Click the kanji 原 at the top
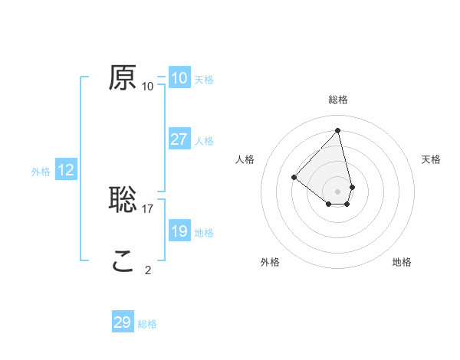pyautogui.click(x=123, y=77)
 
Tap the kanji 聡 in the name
pyautogui.click(x=123, y=199)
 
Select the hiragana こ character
pyautogui.click(x=123, y=261)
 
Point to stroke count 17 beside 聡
pyautogui.click(x=149, y=208)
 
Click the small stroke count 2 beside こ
pyautogui.click(x=148, y=270)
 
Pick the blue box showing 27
pyautogui.click(x=179, y=139)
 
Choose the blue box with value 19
pyautogui.click(x=179, y=231)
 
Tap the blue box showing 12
pyautogui.click(x=66, y=170)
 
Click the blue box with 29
pyautogui.click(x=123, y=322)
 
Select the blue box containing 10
pyautogui.click(x=179, y=78)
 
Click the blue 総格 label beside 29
pyautogui.click(x=147, y=324)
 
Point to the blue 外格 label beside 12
pyautogui.click(x=41, y=172)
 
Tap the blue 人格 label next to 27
pyautogui.click(x=204, y=141)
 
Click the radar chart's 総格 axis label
pyautogui.click(x=338, y=100)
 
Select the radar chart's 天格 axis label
pyautogui.click(x=432, y=159)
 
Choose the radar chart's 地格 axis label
pyautogui.click(x=402, y=262)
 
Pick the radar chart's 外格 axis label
pyautogui.click(x=270, y=262)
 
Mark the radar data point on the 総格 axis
pyautogui.click(x=338, y=130)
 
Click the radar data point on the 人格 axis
pyautogui.click(x=294, y=177)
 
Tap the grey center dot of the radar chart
pyautogui.click(x=338, y=191)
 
